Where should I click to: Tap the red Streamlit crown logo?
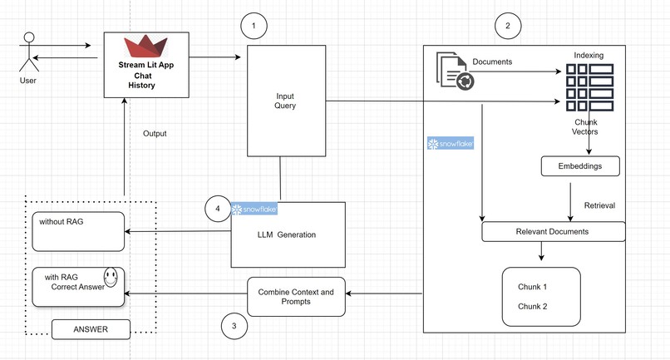[x=146, y=46]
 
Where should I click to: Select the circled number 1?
[x=254, y=27]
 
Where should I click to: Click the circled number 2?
[x=507, y=26]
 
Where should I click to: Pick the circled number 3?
[x=234, y=327]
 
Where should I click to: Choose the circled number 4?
[x=218, y=209]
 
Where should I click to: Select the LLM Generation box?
[x=287, y=234]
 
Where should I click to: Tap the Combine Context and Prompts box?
[x=296, y=297]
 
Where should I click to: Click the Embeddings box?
[x=582, y=166]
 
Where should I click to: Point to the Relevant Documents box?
[x=553, y=231]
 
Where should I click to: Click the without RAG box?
[x=78, y=231]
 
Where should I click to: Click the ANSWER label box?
[x=91, y=329]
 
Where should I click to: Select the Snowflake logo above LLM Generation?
[x=254, y=209]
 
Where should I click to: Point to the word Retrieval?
[x=599, y=205]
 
